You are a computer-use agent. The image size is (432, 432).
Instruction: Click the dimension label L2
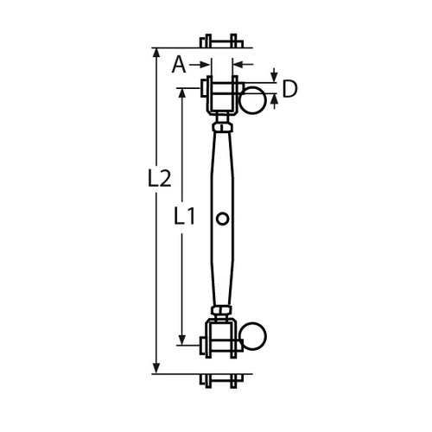[159, 179]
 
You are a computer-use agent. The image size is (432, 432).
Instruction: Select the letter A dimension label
[179, 65]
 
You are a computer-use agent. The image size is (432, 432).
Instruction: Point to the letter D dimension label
[289, 89]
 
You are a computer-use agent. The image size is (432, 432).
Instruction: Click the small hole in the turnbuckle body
[222, 219]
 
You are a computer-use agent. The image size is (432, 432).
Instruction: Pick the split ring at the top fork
[252, 100]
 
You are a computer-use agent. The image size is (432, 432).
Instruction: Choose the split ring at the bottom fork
[252, 336]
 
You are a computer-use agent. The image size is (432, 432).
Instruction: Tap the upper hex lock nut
[222, 127]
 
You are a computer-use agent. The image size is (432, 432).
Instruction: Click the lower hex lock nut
[221, 310]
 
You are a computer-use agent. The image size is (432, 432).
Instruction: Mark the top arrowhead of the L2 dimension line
[156, 53]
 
